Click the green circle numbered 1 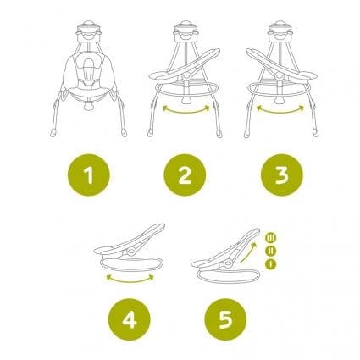(89, 175)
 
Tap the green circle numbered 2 (185, 175)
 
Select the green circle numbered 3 (281, 175)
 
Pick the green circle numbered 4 (130, 319)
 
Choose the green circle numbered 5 (225, 319)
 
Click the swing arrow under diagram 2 (186, 112)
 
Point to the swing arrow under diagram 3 (280, 112)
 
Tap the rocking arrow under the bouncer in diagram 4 (130, 280)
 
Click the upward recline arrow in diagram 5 (250, 252)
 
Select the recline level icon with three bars (271, 237)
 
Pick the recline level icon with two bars (271, 251)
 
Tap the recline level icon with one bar (271, 263)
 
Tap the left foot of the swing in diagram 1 (53, 133)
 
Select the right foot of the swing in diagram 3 (315, 133)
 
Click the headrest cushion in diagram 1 (89, 64)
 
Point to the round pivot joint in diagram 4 (131, 251)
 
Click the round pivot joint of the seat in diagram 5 (228, 263)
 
